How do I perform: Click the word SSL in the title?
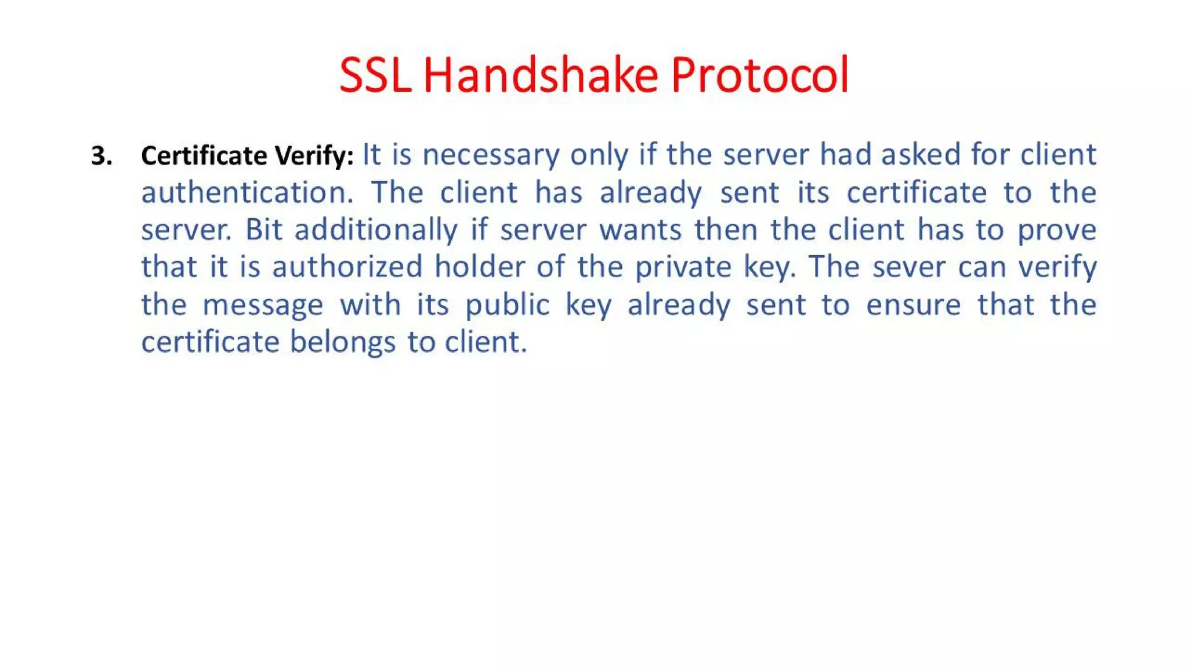click(x=375, y=75)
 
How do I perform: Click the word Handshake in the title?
click(x=541, y=75)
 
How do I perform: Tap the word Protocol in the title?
click(x=760, y=75)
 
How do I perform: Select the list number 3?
click(x=102, y=156)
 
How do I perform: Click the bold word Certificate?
click(x=204, y=155)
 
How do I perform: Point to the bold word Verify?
click(x=314, y=155)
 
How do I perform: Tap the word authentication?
click(x=247, y=193)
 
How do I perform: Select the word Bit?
click(x=263, y=230)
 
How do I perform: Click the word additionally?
click(x=376, y=230)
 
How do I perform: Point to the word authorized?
click(x=347, y=267)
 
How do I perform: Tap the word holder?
click(x=479, y=267)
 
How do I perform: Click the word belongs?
click(x=342, y=342)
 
